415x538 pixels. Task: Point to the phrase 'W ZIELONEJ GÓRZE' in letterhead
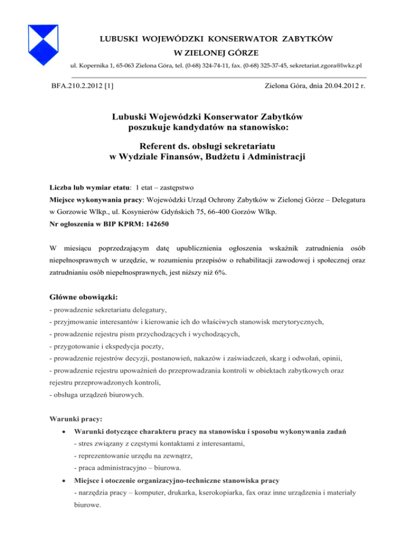pos(207,53)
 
